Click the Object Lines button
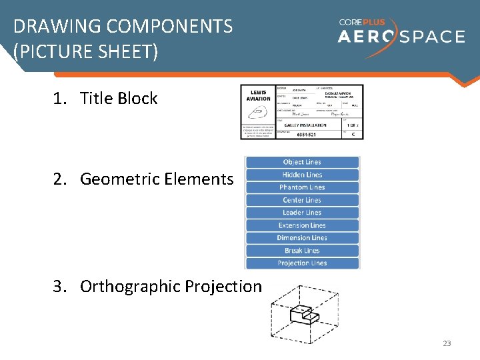coord(302,162)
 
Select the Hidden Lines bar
coord(302,175)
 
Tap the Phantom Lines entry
coord(302,187)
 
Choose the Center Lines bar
coord(302,200)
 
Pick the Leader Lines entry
coord(302,213)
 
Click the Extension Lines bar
coord(302,225)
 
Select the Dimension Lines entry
coord(302,238)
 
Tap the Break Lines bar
coord(302,251)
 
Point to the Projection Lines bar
coord(302,263)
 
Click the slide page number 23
coord(447,343)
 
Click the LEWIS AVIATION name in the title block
coord(259,95)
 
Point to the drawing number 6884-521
coord(307,134)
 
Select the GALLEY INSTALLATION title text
coord(305,125)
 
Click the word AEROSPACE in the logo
coord(401,36)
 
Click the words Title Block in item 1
coord(119,99)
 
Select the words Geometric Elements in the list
coord(157,179)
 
